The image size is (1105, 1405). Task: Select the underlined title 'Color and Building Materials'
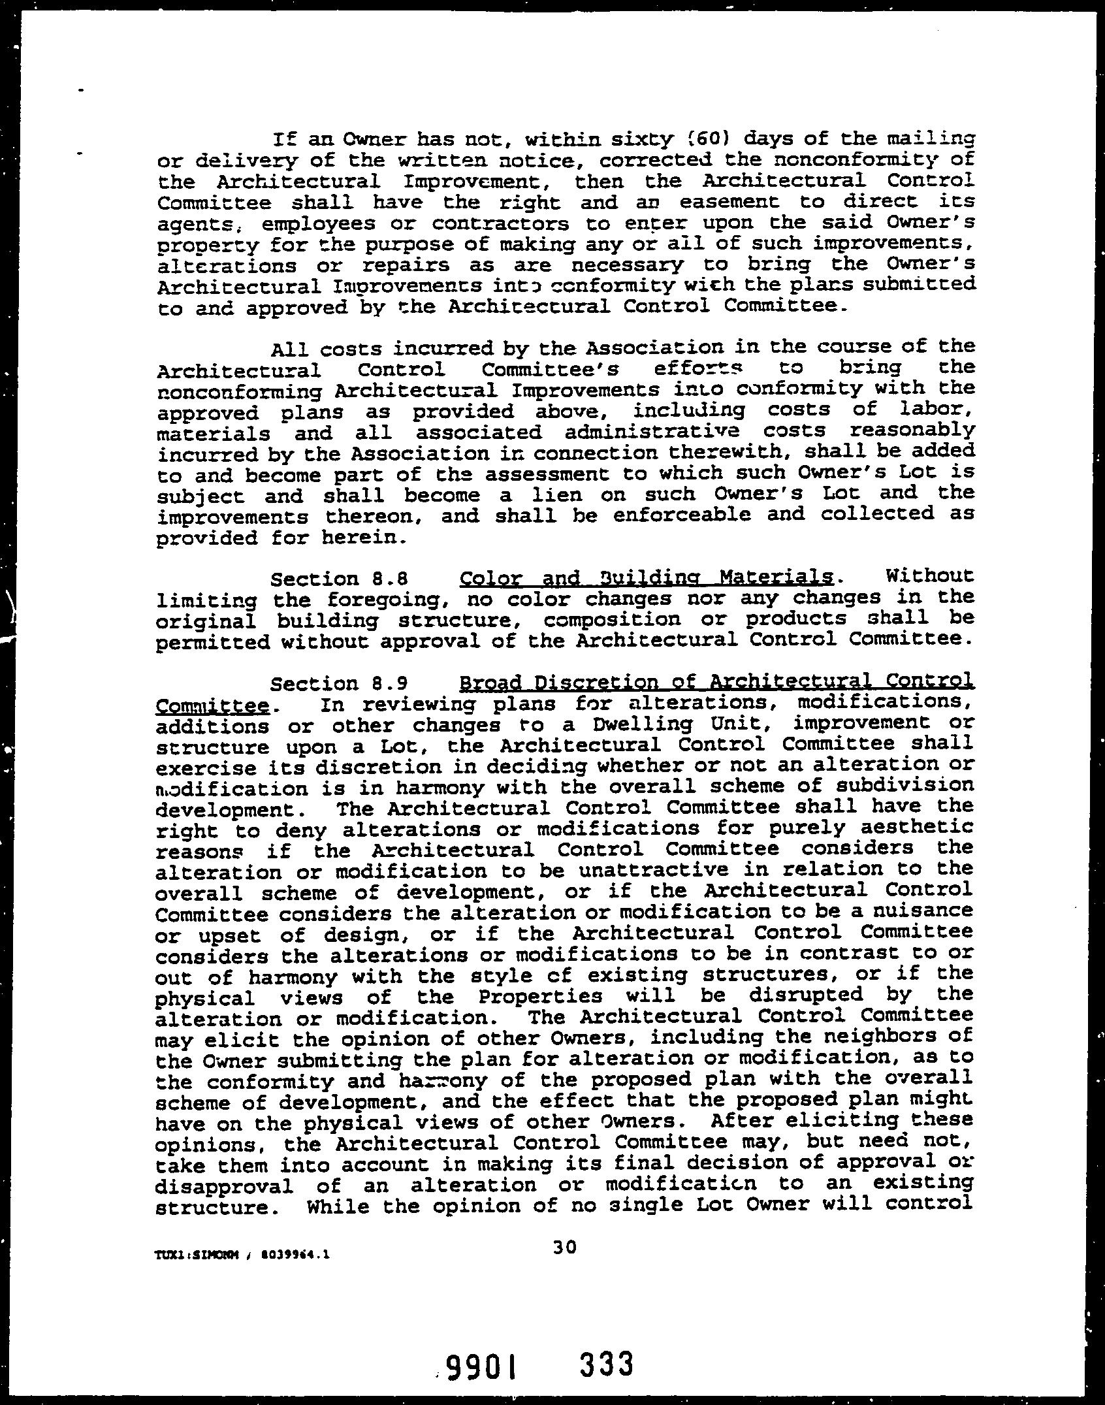(647, 578)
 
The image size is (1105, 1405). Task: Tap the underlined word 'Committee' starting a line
(212, 706)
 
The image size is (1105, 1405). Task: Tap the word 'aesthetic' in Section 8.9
(918, 827)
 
